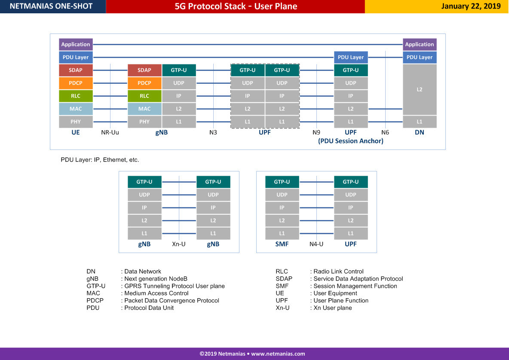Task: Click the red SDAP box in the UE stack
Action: (x=76, y=70)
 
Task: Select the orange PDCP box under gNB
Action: (x=144, y=83)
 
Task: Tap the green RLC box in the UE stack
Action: (x=76, y=96)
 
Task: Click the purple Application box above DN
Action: (x=420, y=44)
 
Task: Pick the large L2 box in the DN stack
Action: (x=420, y=89)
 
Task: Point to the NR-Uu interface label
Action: (x=110, y=132)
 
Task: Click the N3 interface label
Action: (x=213, y=132)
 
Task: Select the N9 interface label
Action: (x=316, y=132)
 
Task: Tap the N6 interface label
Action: (x=385, y=132)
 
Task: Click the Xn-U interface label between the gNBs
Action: (x=179, y=244)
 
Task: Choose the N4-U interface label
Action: (x=316, y=244)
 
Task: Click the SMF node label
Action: (x=282, y=244)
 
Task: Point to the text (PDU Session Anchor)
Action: (x=351, y=141)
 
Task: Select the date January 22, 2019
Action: (x=471, y=6)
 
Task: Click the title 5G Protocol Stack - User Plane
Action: (x=236, y=6)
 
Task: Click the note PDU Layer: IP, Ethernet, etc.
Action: (x=100, y=160)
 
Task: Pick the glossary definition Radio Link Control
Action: (x=338, y=272)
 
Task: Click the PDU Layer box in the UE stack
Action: (x=76, y=57)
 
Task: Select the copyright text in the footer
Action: (x=252, y=354)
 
